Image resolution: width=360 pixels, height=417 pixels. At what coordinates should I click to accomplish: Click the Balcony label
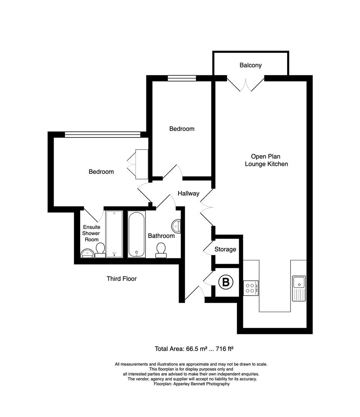click(250, 65)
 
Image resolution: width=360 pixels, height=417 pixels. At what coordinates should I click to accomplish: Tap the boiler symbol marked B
click(226, 283)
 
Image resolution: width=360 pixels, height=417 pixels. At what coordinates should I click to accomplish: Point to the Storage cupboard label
click(225, 249)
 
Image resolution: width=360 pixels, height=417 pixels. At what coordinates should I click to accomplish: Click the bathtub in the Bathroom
click(137, 234)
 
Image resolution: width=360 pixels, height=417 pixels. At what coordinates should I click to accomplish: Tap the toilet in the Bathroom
click(161, 250)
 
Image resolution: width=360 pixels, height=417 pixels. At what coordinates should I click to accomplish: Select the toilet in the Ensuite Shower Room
click(100, 250)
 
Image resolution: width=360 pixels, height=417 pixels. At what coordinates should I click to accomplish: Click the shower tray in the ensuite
click(114, 234)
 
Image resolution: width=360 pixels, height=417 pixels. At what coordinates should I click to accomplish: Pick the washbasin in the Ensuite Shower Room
click(87, 254)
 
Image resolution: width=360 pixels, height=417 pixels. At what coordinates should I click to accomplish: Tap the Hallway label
click(188, 193)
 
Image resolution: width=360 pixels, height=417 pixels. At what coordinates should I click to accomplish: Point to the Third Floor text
click(122, 278)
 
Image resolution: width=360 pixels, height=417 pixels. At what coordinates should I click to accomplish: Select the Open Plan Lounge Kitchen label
click(266, 160)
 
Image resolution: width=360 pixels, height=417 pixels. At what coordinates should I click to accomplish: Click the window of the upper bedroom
click(182, 78)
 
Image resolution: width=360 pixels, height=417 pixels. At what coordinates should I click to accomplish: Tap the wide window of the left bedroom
click(102, 134)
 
